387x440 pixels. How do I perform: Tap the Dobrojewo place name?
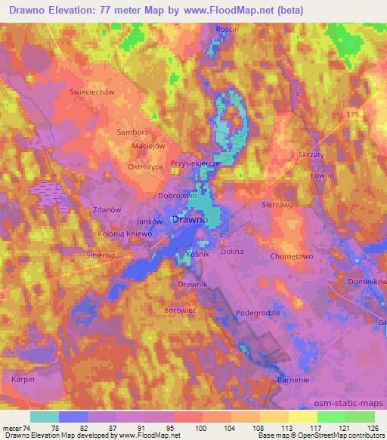tap(177, 195)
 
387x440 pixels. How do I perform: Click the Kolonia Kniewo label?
tap(125, 234)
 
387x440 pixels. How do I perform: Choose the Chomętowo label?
tap(291, 256)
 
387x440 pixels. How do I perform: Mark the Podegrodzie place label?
tap(258, 312)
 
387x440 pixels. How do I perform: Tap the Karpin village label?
tap(23, 377)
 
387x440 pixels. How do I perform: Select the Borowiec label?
tap(180, 310)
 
